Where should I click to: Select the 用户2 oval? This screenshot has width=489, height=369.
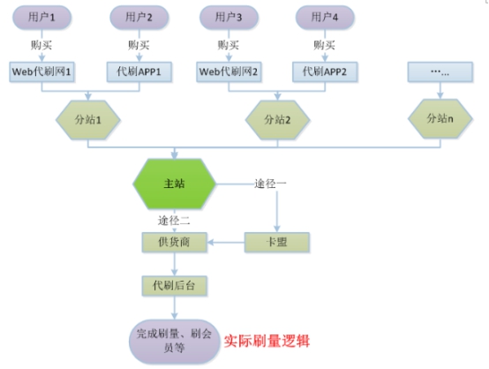click(139, 16)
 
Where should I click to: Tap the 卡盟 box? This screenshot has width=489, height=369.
click(279, 241)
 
